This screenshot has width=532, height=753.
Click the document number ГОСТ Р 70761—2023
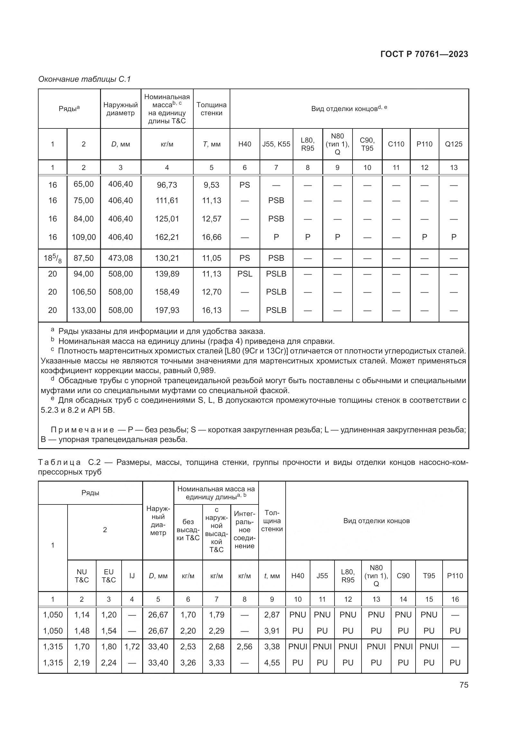click(x=424, y=54)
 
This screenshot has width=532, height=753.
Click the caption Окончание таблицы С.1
click(x=85, y=79)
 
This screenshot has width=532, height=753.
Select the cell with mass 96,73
click(x=167, y=185)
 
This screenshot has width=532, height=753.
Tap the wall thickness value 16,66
click(x=211, y=237)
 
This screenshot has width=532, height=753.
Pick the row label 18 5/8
click(x=52, y=259)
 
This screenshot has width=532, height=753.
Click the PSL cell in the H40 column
click(x=245, y=274)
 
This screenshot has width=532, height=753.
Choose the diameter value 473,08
click(x=121, y=258)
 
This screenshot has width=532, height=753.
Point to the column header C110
click(x=396, y=144)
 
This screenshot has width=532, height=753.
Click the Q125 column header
click(x=454, y=144)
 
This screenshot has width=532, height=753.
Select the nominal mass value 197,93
click(x=167, y=310)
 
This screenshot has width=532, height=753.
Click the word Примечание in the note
click(x=82, y=430)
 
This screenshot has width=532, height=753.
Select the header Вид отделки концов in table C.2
click(x=376, y=521)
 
